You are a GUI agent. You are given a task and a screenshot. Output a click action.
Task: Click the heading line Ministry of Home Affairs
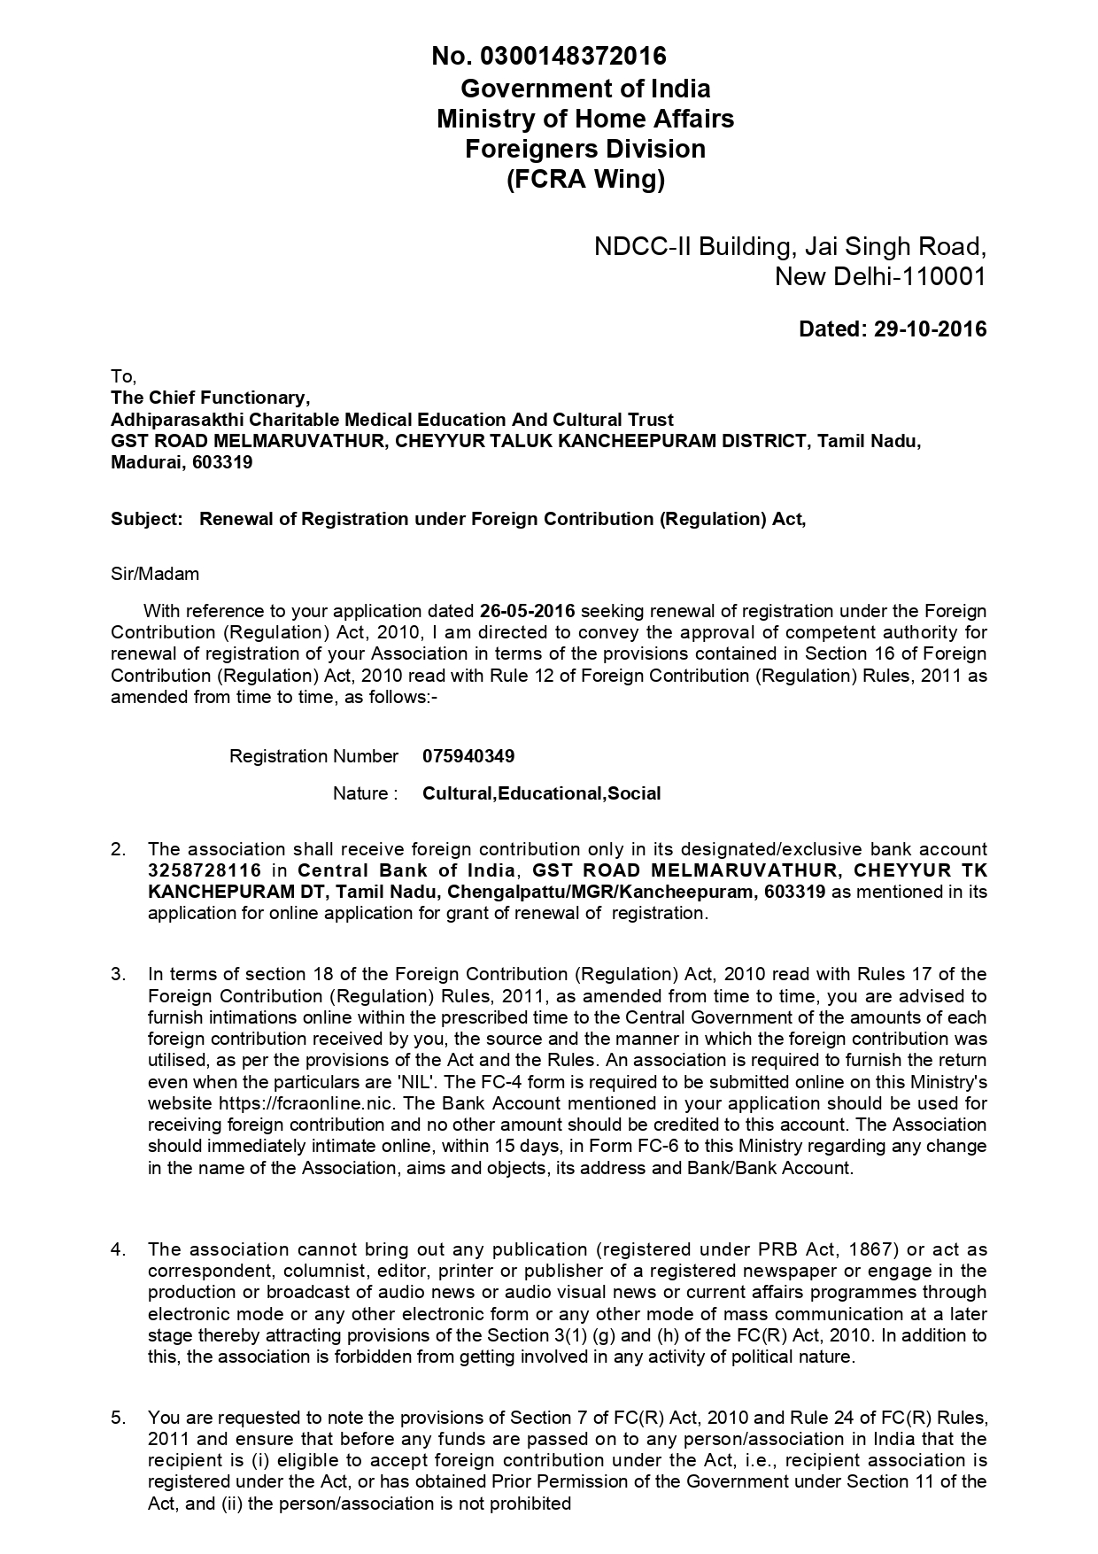coord(585,119)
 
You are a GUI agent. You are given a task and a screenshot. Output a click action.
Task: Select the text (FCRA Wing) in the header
coord(585,180)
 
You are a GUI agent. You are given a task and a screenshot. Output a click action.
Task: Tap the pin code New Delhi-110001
coord(880,277)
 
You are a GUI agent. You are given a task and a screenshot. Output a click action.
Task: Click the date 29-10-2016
coord(930,329)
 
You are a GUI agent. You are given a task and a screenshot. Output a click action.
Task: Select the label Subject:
coord(146,519)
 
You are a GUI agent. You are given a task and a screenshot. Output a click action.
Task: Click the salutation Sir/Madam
coord(155,574)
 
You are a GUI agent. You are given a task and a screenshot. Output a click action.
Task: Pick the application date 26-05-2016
coord(528,611)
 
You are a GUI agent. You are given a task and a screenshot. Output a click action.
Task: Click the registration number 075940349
coord(468,756)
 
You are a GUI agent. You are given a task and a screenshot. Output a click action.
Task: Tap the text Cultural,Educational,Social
coord(541,793)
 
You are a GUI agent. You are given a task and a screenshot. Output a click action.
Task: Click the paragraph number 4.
coord(118,1249)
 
